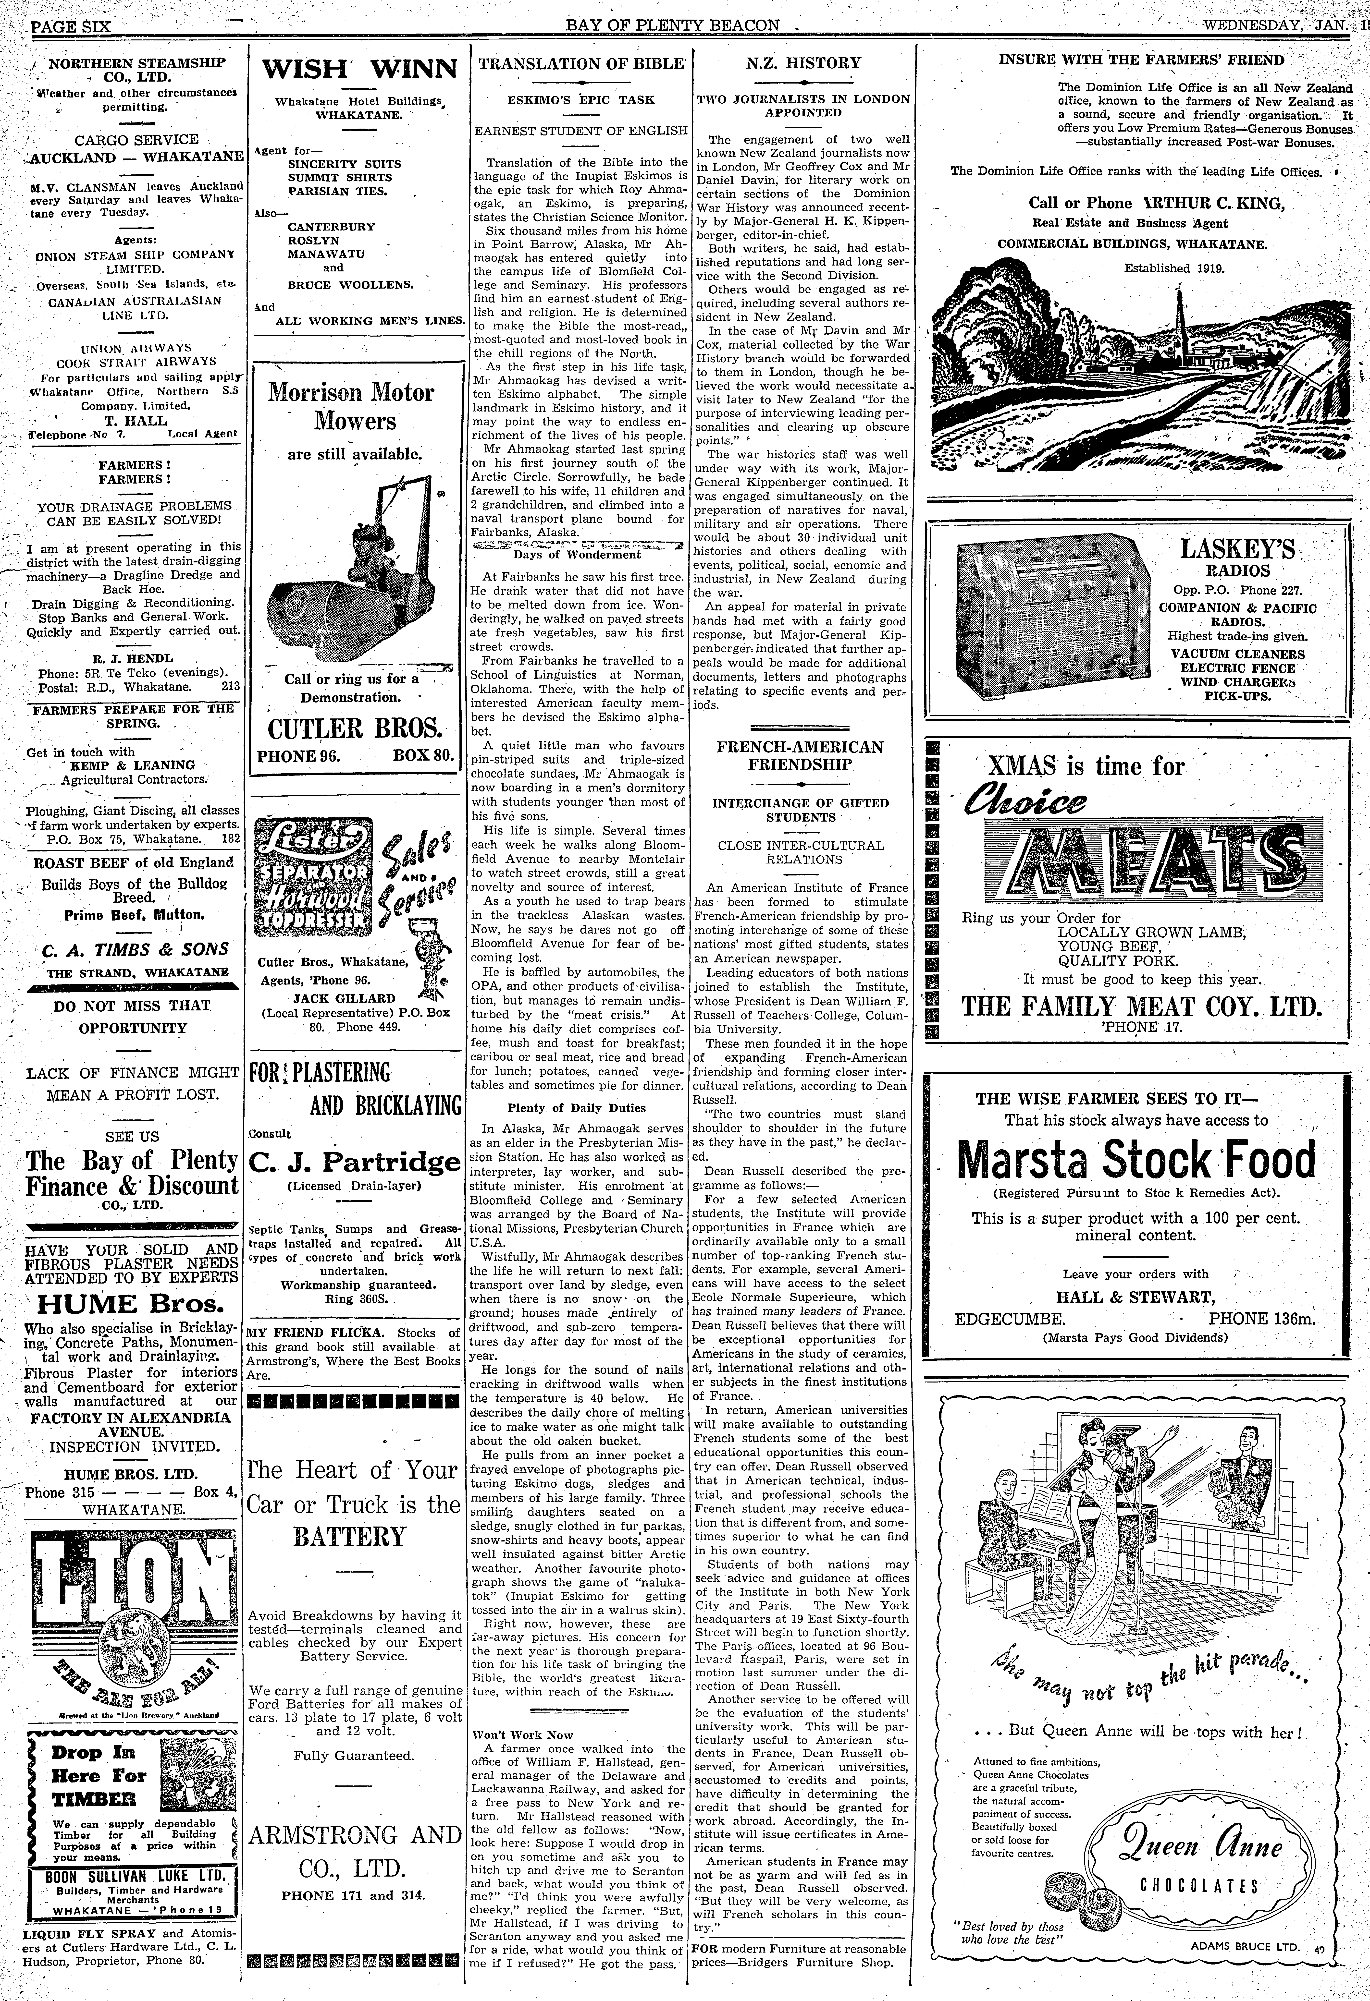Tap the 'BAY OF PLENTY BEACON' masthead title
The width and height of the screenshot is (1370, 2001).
(672, 26)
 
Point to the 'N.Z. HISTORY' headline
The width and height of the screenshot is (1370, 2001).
(802, 63)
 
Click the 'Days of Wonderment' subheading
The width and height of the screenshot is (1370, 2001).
(577, 555)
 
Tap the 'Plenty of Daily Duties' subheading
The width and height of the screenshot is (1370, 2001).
(577, 1108)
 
